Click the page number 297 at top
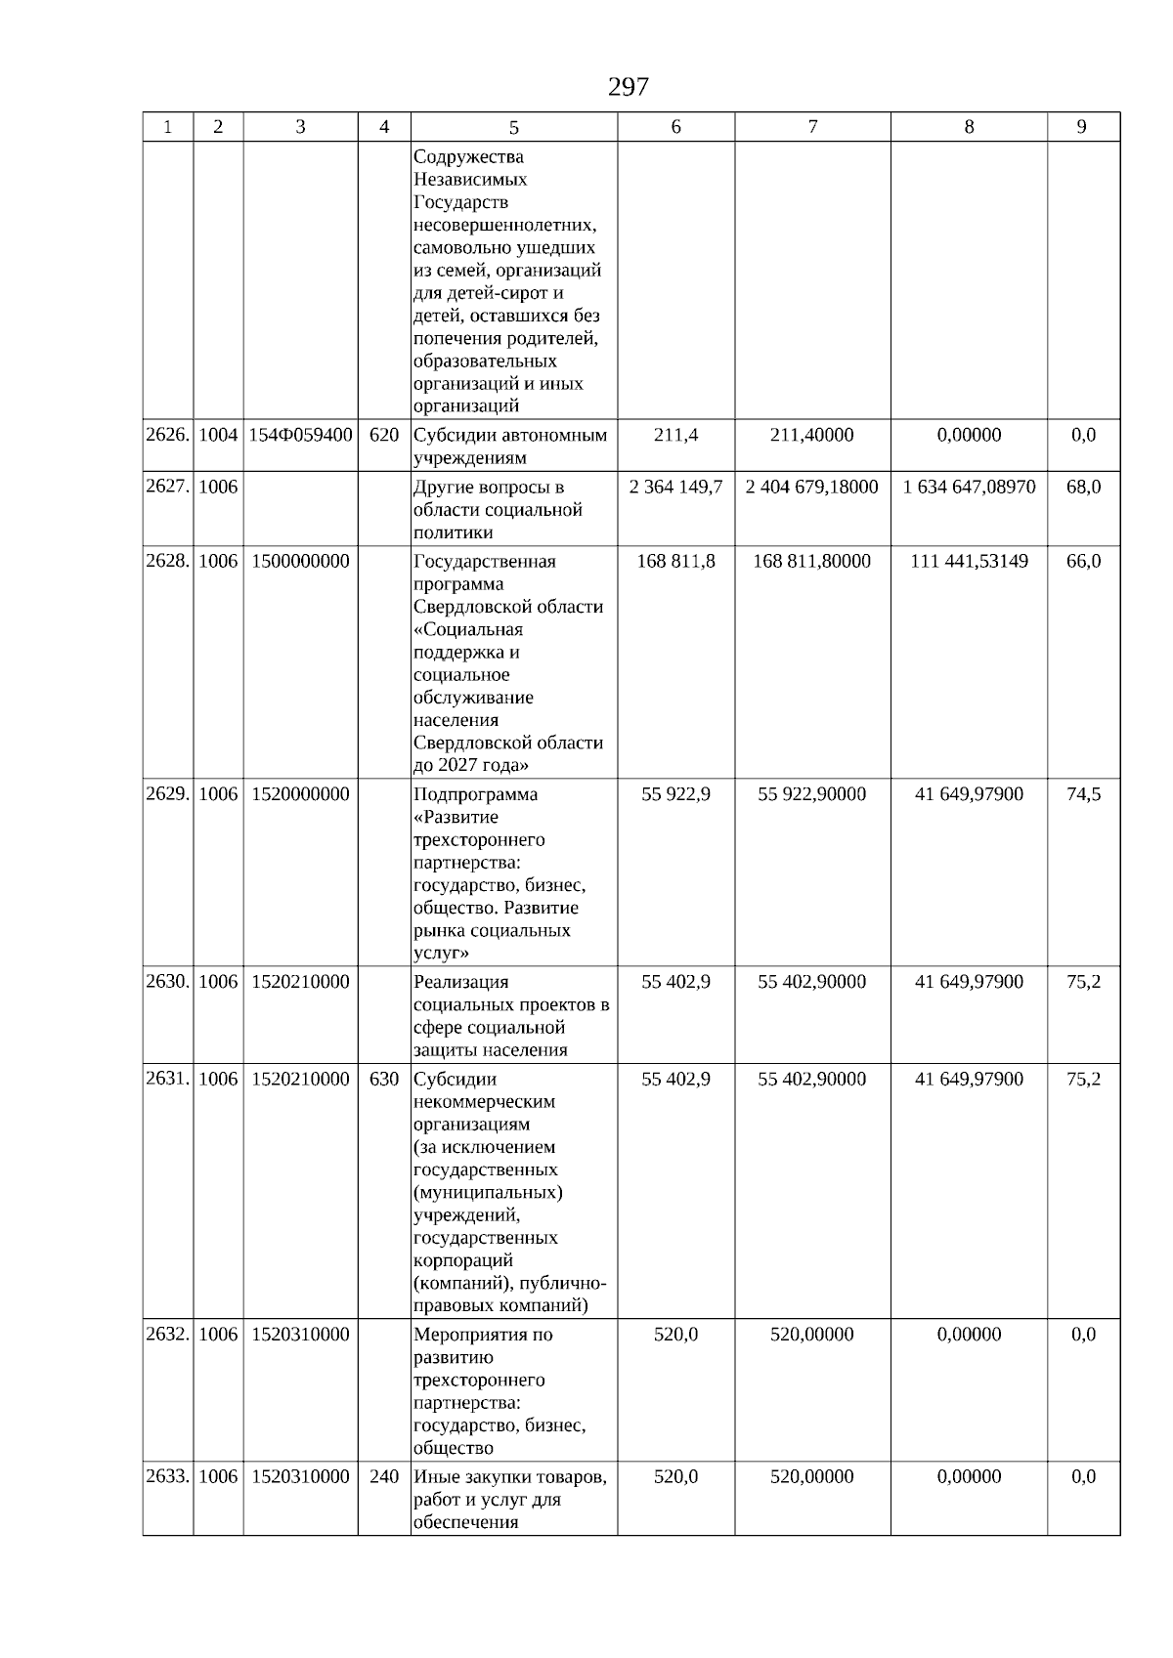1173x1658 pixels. click(x=628, y=88)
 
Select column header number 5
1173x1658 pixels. click(x=514, y=127)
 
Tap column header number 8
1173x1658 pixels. click(x=969, y=127)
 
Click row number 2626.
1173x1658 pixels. click(x=167, y=435)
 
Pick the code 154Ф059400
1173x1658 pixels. click(x=300, y=435)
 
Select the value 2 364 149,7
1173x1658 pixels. click(x=675, y=487)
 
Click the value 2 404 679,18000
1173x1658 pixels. click(x=811, y=487)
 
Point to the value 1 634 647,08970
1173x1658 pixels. click(x=969, y=487)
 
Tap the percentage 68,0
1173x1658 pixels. click(x=1083, y=487)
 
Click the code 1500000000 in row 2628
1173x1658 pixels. click(x=300, y=561)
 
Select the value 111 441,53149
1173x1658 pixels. click(x=969, y=561)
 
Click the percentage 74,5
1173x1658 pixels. click(x=1083, y=794)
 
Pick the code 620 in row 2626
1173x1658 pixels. click(x=384, y=435)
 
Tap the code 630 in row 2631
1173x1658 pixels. click(x=384, y=1079)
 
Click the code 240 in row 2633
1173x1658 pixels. click(x=384, y=1476)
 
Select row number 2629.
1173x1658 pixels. click(x=167, y=794)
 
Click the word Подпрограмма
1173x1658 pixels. click(x=475, y=794)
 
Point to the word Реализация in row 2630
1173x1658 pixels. click(x=460, y=982)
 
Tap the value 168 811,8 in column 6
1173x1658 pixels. click(x=675, y=561)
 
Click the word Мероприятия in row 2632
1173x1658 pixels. click(x=469, y=1335)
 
